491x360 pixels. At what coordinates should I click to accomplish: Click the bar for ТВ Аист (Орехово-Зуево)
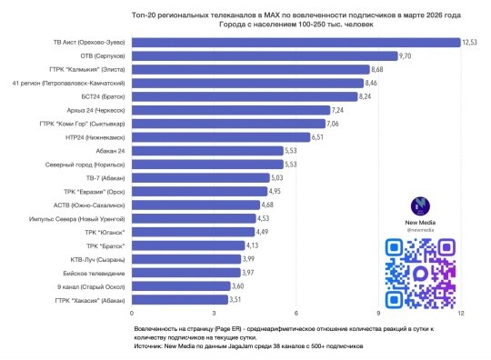click(296, 42)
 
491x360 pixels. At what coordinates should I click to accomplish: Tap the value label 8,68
click(380, 69)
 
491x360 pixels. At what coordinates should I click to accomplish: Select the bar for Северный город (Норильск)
click(201, 164)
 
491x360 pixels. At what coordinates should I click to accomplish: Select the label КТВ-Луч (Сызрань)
click(94, 259)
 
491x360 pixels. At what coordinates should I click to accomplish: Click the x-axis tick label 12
click(461, 313)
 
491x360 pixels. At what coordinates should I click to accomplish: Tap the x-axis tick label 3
click(215, 313)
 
